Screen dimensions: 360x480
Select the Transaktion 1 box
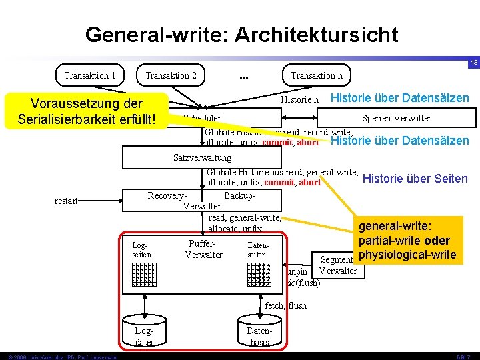point(89,75)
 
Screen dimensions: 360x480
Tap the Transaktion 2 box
point(171,75)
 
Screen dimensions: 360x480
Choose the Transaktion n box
point(317,75)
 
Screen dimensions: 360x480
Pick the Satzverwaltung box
point(202,158)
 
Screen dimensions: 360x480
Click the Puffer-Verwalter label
point(203,249)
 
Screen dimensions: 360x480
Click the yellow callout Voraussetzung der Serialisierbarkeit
point(87,111)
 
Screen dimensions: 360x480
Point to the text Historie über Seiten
point(415,178)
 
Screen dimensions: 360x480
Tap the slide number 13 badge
point(473,63)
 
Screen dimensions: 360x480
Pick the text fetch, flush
point(285,305)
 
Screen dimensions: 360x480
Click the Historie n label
point(301,99)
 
